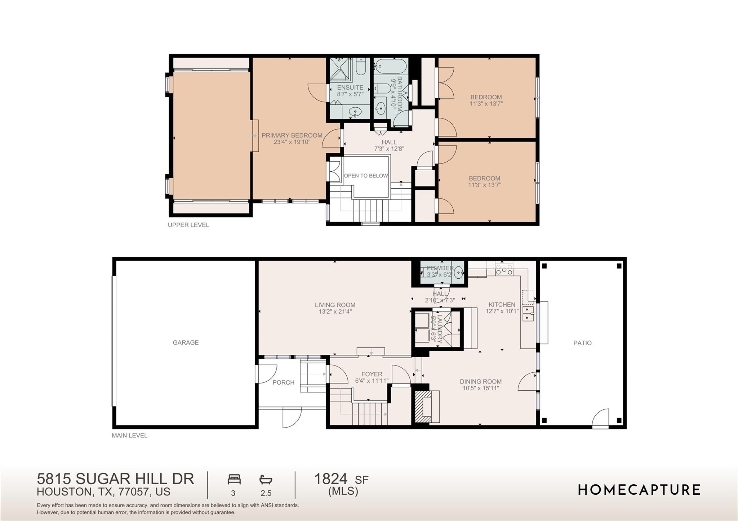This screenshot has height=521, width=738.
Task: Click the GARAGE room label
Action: [186, 342]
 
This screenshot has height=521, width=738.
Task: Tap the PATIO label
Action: [582, 343]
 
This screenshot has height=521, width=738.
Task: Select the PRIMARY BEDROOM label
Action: [292, 135]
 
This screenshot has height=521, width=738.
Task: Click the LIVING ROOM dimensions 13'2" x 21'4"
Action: [335, 311]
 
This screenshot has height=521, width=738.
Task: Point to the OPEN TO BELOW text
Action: [366, 176]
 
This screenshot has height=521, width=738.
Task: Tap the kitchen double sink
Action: [528, 313]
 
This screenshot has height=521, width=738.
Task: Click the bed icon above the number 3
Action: [234, 479]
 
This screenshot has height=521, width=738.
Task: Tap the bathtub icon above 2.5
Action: [266, 480]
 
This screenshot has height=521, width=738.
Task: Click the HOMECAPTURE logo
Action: [639, 490]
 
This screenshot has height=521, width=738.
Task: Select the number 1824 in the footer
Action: [331, 479]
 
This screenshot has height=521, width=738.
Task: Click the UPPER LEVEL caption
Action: [188, 225]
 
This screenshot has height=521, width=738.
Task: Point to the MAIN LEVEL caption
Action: [130, 435]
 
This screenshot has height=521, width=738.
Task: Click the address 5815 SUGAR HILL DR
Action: [115, 479]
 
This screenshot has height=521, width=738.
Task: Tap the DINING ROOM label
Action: [481, 382]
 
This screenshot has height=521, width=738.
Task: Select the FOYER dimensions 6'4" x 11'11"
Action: [372, 381]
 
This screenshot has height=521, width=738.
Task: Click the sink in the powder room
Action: [459, 272]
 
